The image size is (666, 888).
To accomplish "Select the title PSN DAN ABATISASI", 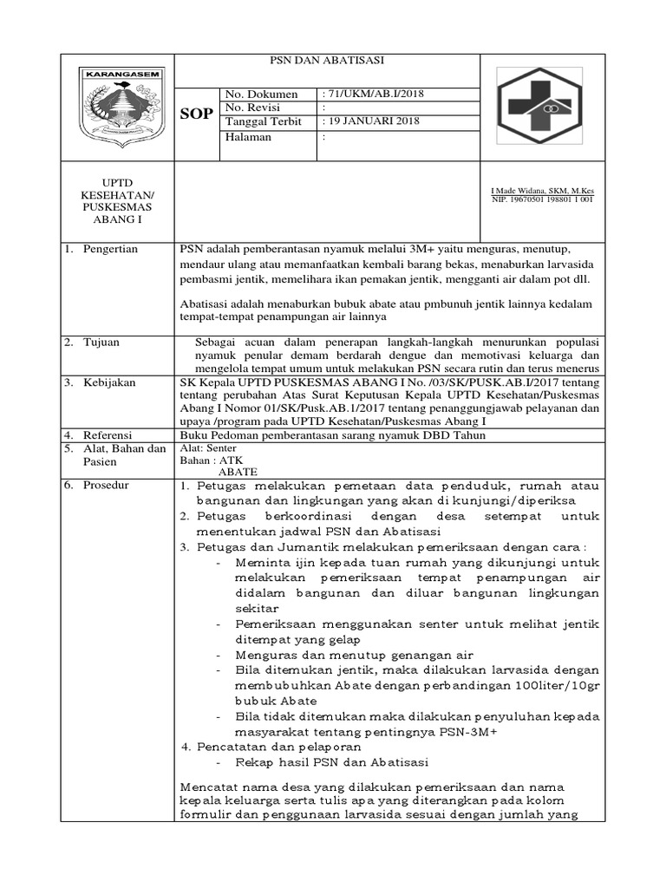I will coord(327,61).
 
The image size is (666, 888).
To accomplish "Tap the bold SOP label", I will coord(196,114).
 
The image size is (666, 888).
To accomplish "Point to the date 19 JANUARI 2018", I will coord(370,121).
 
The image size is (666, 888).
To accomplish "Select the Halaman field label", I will coord(248,136).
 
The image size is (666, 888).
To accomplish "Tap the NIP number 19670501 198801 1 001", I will coord(542,199).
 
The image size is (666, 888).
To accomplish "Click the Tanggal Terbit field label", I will coord(262,121).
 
